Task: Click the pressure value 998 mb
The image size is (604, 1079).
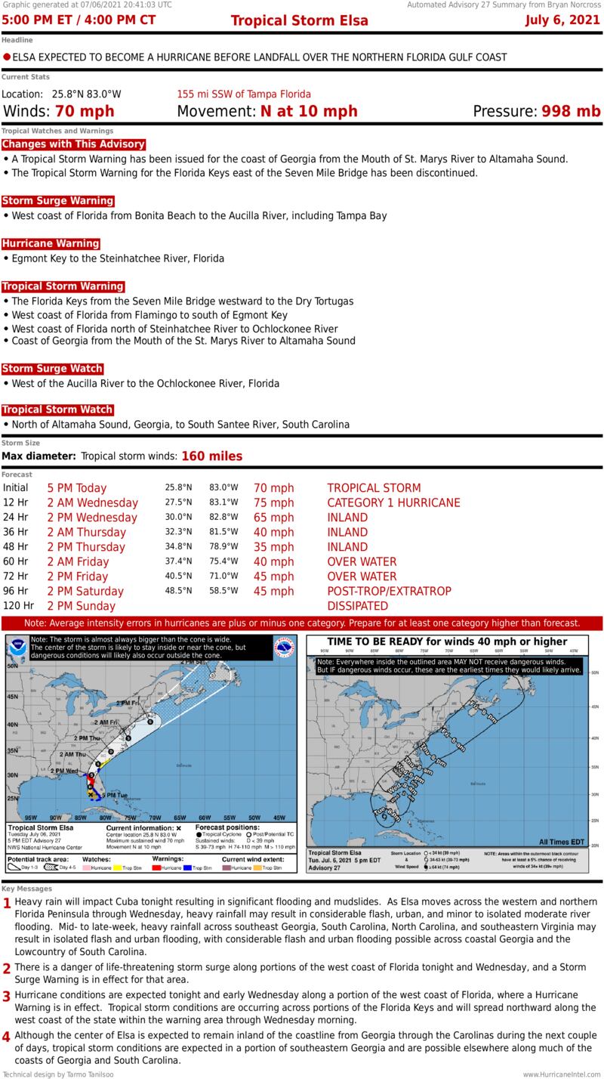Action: click(x=571, y=112)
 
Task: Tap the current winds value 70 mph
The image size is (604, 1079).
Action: click(x=83, y=112)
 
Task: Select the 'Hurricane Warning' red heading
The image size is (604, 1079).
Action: click(x=51, y=243)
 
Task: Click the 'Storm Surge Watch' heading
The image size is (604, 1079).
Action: click(x=52, y=369)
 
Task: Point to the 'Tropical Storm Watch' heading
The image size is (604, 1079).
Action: click(x=57, y=410)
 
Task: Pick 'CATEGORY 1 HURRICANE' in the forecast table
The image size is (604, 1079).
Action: click(x=393, y=502)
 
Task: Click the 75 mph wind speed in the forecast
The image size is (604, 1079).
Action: click(x=273, y=502)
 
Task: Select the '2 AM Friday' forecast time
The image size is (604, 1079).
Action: click(x=78, y=561)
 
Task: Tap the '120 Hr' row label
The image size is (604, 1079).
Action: click(x=18, y=605)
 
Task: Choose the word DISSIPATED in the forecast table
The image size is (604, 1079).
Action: click(x=357, y=606)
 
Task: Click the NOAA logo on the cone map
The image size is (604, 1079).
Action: click(x=17, y=648)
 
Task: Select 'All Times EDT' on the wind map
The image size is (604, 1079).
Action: click(x=562, y=842)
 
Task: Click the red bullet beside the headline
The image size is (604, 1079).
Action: click(x=7, y=57)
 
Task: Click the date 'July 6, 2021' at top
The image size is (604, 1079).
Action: click(x=563, y=20)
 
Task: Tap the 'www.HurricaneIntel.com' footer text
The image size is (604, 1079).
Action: click(x=562, y=1074)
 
